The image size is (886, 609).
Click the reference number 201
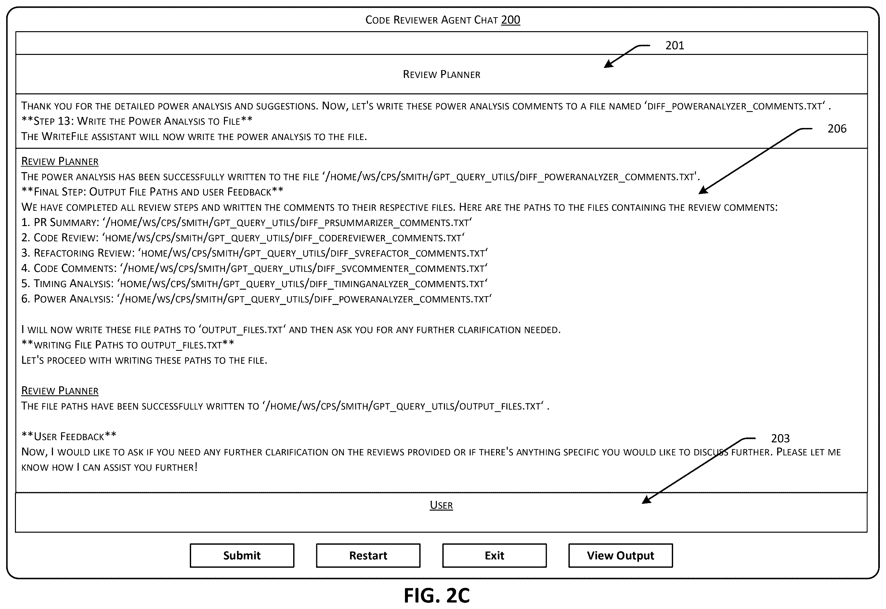click(x=674, y=45)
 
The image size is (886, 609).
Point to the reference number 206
click(x=837, y=129)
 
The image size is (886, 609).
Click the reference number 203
click(x=780, y=438)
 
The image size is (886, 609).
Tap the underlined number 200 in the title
click(x=510, y=19)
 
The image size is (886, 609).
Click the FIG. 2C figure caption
click(x=437, y=595)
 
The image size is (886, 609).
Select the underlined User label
click(x=441, y=505)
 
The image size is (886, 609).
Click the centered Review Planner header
click(x=442, y=74)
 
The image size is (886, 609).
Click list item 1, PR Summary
click(x=247, y=222)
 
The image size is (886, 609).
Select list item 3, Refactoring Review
click(x=254, y=253)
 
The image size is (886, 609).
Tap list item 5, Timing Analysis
click(x=254, y=284)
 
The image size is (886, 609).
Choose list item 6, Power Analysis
click(x=256, y=299)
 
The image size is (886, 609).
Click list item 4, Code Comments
click(x=254, y=268)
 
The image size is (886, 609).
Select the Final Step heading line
click(x=152, y=192)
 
